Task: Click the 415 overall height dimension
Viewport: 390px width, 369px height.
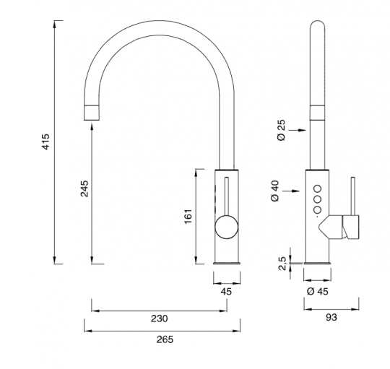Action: [46, 142]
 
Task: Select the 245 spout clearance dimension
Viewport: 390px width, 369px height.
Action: [84, 188]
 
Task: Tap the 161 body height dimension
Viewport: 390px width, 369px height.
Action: [188, 216]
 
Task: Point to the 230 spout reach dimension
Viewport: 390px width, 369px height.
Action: [159, 318]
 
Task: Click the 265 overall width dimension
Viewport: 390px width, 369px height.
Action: [165, 339]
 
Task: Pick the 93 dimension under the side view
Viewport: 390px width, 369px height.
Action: [331, 317]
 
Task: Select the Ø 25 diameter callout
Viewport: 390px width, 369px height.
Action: [282, 130]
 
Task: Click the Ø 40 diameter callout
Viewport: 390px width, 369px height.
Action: [275, 191]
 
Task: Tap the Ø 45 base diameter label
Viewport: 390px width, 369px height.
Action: [318, 292]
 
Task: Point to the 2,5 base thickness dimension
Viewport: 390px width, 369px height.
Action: [283, 264]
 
